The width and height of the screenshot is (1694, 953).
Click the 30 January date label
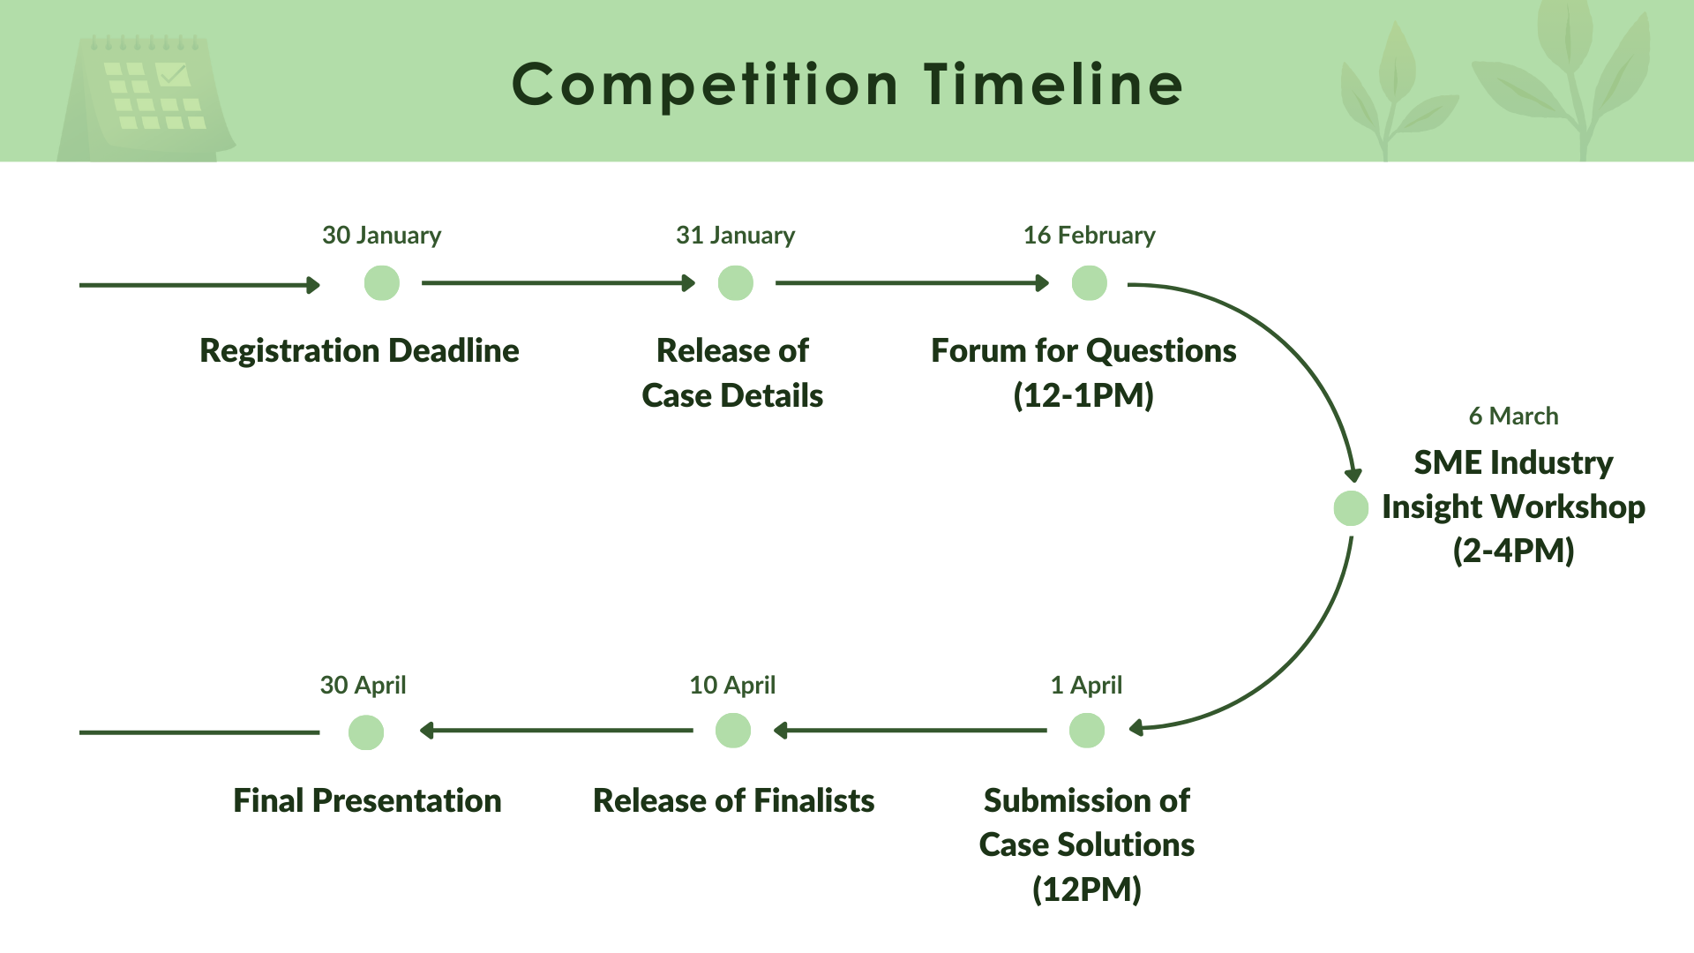pyautogui.click(x=381, y=235)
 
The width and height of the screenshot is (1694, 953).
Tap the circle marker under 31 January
pyautogui.click(x=735, y=283)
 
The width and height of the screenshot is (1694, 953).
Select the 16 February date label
pyautogui.click(x=1089, y=235)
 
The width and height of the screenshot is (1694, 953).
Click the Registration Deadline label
pyautogui.click(x=359, y=350)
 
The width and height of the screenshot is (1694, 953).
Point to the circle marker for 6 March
pyautogui.click(x=1350, y=508)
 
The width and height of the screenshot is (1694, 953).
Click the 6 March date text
pyautogui.click(x=1513, y=416)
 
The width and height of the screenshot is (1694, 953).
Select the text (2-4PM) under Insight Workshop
pyautogui.click(x=1513, y=551)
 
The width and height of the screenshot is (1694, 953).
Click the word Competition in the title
pyautogui.click(x=705, y=85)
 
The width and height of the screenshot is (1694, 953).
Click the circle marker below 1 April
pyautogui.click(x=1086, y=731)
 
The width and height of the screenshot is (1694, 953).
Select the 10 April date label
pyautogui.click(x=731, y=685)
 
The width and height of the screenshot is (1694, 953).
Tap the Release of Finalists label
pyautogui.click(x=733, y=800)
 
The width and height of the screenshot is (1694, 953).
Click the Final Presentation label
pyautogui.click(x=367, y=800)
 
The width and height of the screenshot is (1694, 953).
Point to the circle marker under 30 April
pyautogui.click(x=365, y=732)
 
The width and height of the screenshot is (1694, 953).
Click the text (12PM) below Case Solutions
pyautogui.click(x=1086, y=889)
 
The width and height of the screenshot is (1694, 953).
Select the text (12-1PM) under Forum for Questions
pyautogui.click(x=1083, y=395)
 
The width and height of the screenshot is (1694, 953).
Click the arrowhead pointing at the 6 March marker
pyautogui.click(x=1353, y=475)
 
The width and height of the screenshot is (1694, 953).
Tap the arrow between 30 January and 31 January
pyautogui.click(x=556, y=283)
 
